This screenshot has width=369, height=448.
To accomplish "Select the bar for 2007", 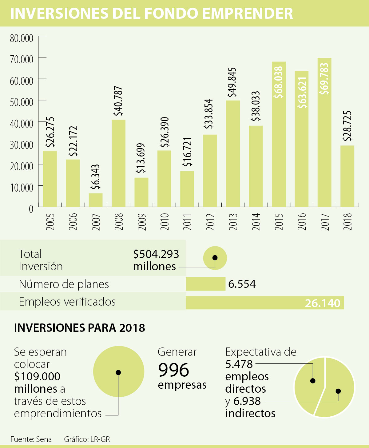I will pyautogui.click(x=96, y=200).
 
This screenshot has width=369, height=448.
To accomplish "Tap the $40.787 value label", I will pyautogui.click(x=118, y=101).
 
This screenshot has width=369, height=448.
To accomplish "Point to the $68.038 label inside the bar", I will pyautogui.click(x=279, y=82).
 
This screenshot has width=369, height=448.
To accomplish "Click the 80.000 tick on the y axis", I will pyautogui.click(x=22, y=38).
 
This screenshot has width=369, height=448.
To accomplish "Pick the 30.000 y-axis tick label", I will pyautogui.click(x=22, y=145).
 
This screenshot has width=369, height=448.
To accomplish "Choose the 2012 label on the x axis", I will pyautogui.click(x=210, y=221).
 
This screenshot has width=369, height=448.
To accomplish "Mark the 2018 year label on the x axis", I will pyautogui.click(x=347, y=221).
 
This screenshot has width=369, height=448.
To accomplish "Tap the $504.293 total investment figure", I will pyautogui.click(x=156, y=254).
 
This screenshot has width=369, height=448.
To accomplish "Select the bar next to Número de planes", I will pyautogui.click(x=205, y=284).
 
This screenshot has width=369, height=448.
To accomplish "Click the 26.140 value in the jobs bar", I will pyautogui.click(x=323, y=303).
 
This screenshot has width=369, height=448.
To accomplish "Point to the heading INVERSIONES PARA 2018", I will pyautogui.click(x=79, y=328).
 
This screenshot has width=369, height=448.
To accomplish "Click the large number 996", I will pyautogui.click(x=173, y=370).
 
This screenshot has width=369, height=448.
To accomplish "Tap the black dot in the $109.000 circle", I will pyautogui.click(x=118, y=372).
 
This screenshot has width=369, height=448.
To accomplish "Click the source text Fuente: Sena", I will pyautogui.click(x=31, y=439).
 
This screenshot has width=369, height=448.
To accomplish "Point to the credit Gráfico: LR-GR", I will pyautogui.click(x=87, y=439).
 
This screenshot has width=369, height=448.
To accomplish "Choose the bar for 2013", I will pyautogui.click(x=233, y=154).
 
